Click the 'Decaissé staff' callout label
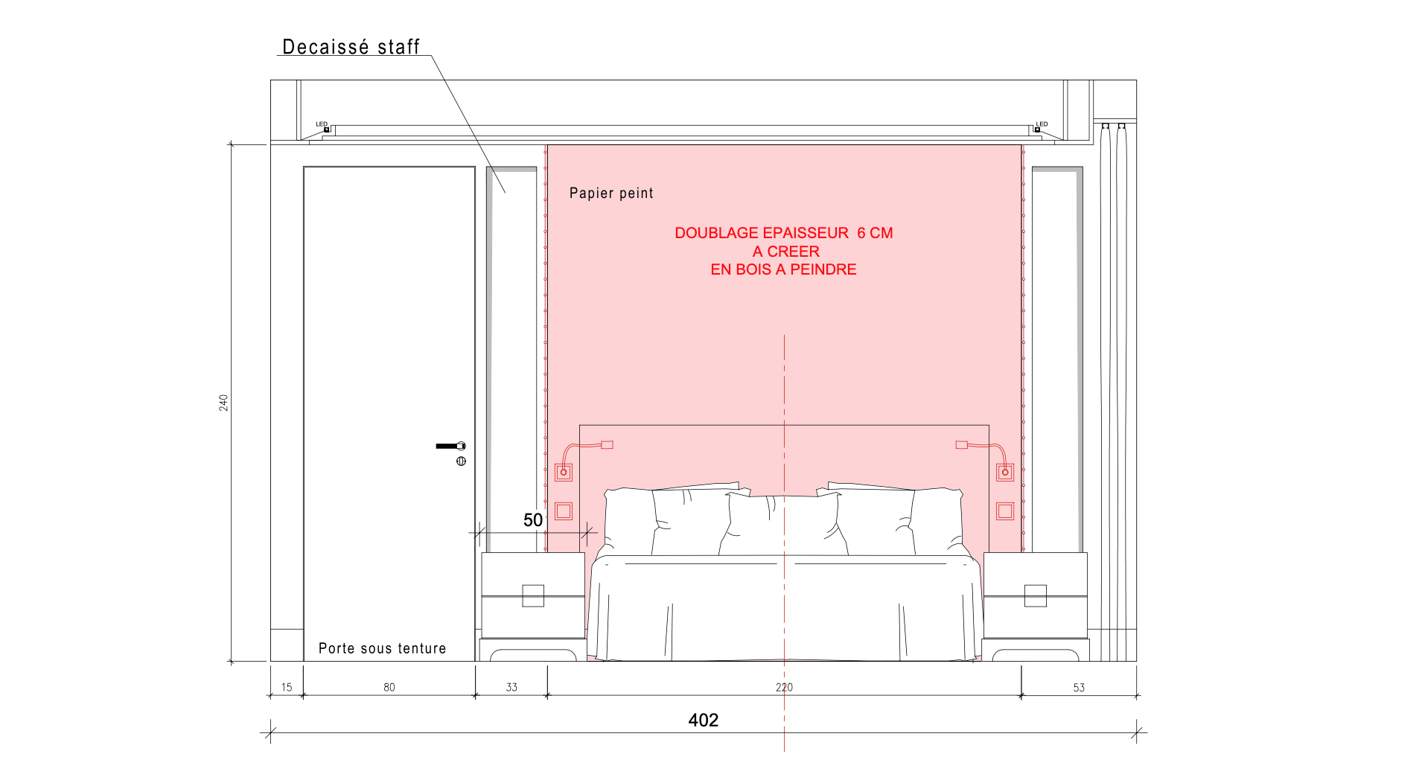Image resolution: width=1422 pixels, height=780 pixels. point(351,47)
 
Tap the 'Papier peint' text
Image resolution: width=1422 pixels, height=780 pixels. point(611,194)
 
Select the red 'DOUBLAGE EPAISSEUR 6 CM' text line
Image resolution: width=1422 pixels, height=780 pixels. point(783,233)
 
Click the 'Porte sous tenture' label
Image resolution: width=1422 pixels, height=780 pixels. point(382,648)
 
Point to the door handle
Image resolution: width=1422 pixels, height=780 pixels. point(450,446)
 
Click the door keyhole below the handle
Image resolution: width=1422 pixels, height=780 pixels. point(461,461)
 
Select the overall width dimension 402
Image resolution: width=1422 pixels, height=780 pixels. point(703,720)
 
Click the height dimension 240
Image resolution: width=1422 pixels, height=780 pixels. point(223,403)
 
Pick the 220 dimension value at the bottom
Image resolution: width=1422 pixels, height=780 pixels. point(784,687)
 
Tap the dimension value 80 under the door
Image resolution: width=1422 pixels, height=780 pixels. point(389,687)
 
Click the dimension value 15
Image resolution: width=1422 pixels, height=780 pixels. point(287,687)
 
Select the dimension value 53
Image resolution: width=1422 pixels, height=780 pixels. point(1079,688)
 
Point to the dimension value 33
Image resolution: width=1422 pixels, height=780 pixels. point(511,687)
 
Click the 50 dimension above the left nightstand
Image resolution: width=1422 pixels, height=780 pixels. point(533,520)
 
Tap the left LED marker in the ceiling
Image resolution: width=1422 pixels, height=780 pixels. point(326,130)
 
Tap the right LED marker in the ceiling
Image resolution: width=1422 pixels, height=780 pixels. point(1037,130)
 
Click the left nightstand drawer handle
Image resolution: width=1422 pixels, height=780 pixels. point(533,595)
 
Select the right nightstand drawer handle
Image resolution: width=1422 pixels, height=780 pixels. point(1036,595)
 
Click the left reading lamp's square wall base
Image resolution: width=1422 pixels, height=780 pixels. point(564,472)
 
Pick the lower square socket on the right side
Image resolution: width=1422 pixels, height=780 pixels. point(1005,511)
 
